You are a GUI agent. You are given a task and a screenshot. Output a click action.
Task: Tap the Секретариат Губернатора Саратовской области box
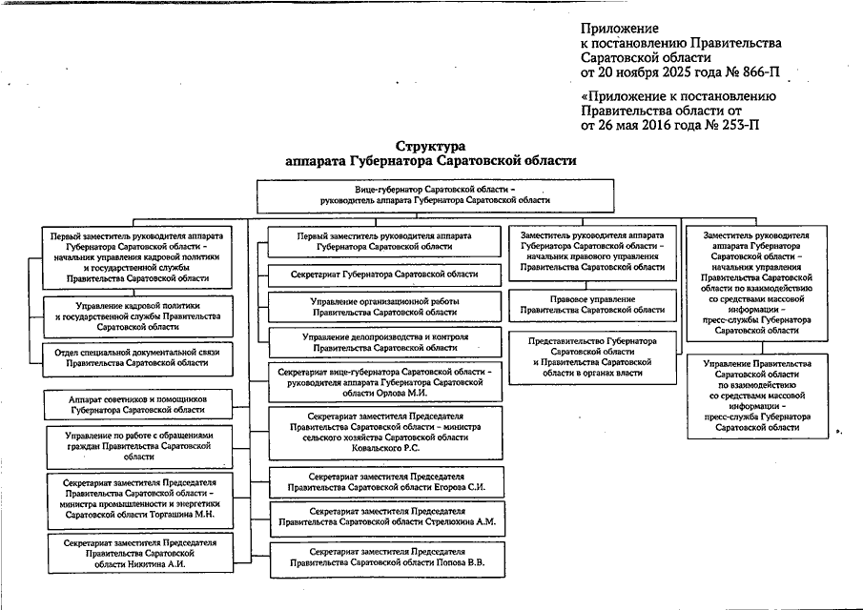[x=385, y=274]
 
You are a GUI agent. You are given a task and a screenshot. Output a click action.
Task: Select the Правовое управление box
[x=592, y=304]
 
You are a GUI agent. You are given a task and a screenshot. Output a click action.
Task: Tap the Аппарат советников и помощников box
[x=138, y=404]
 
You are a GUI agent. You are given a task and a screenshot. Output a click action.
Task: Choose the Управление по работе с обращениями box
[x=138, y=444]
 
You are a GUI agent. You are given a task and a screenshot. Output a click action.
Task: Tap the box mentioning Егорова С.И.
[x=385, y=481]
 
